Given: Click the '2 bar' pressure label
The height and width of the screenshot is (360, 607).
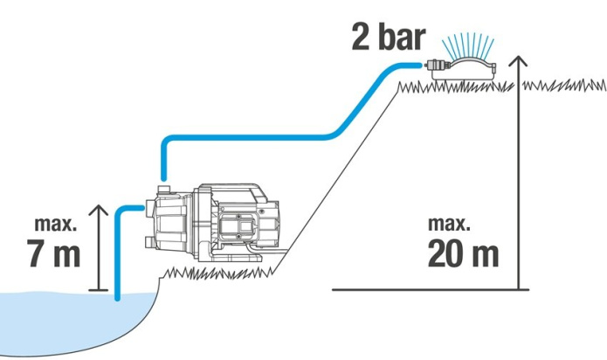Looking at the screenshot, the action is point(389,38).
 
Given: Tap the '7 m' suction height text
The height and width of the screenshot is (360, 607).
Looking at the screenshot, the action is point(53,253).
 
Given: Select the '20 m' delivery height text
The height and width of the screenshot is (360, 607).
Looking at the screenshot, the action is point(463,253).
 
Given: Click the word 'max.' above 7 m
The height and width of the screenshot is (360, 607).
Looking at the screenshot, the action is point(55,224).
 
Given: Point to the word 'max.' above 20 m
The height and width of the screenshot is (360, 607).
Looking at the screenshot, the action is point(449,224).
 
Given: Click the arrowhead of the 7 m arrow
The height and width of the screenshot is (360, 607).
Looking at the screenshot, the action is point(99,211).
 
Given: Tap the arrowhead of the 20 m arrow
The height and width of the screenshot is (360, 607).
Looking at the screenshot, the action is point(518,61).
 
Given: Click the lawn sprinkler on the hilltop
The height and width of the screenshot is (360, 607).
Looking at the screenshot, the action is point(460,70).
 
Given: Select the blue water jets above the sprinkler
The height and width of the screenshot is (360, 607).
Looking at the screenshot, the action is point(468,45).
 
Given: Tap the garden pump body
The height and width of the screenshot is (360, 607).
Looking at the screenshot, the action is point(212,223).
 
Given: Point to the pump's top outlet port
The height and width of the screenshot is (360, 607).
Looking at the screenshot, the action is point(164,190).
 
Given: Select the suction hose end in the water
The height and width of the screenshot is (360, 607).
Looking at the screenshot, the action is point(118,296).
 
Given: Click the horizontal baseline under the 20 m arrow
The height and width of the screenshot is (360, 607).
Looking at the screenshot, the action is point(431,289).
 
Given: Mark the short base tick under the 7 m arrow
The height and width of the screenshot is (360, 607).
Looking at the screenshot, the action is point(99,289).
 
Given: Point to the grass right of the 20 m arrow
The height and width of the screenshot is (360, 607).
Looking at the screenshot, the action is point(564,85).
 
